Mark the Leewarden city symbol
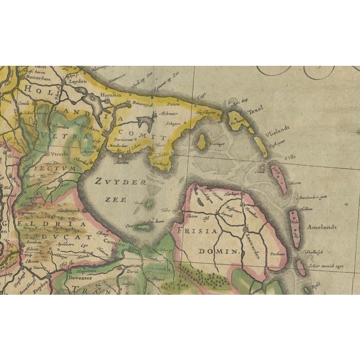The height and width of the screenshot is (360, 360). (x=245, y=229)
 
